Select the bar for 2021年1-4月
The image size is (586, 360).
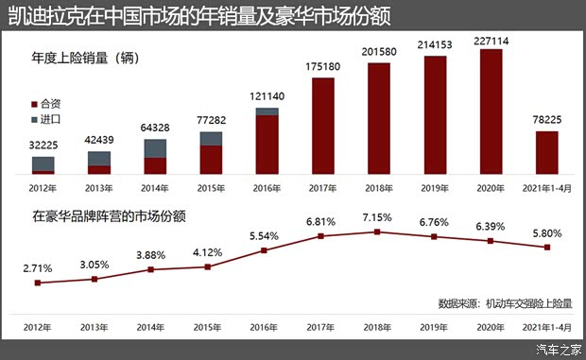547,153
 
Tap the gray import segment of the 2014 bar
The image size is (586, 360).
155,148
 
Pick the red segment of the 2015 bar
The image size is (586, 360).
211,161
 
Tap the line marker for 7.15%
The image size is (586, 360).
377,231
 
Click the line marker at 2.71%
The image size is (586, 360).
37,283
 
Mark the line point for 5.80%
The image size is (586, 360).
546,248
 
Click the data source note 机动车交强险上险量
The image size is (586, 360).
529,303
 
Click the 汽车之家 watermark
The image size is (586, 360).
558,351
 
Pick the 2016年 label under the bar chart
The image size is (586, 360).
267,187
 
